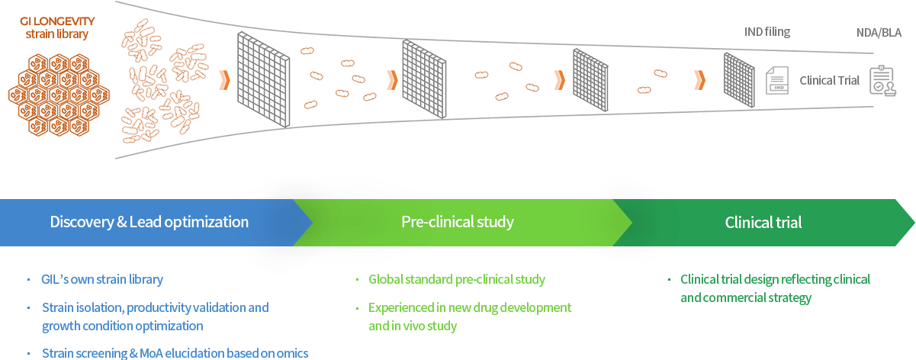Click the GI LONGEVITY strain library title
(x=57, y=27)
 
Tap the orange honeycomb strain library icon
(x=59, y=95)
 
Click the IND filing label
(x=767, y=32)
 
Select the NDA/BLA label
(x=879, y=33)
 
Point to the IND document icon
(x=777, y=81)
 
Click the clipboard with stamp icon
(x=883, y=81)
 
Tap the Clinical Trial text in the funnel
(x=829, y=81)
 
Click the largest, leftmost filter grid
(x=263, y=79)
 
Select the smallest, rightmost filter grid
(x=739, y=80)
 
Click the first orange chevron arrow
(x=224, y=80)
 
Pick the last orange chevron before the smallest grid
(x=699, y=80)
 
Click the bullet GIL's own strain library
(x=102, y=279)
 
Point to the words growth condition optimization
(x=123, y=326)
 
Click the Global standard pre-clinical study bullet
(x=457, y=279)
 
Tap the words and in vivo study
(x=413, y=326)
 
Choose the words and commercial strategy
(x=746, y=297)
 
